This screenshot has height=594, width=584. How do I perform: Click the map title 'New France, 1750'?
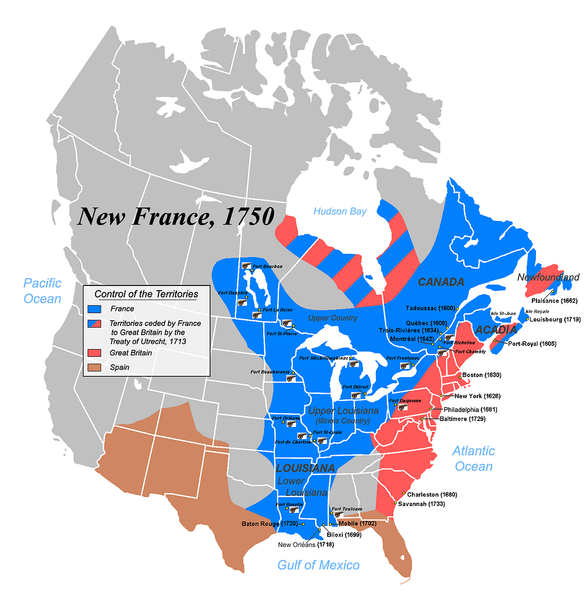[x=176, y=216]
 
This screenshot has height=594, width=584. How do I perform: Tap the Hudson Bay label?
[x=340, y=211]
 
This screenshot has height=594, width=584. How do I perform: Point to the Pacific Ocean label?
[x=42, y=291]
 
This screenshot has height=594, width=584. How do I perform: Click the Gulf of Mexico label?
[x=318, y=564]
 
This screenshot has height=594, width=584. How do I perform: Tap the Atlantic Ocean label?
[x=473, y=458]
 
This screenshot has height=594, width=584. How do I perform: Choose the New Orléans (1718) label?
[x=306, y=545]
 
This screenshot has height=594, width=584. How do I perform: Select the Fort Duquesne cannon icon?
[x=400, y=407]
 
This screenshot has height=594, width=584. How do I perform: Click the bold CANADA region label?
[x=441, y=282]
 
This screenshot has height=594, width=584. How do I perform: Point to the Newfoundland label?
[x=548, y=277]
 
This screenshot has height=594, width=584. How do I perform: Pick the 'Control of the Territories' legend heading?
[x=146, y=294]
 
